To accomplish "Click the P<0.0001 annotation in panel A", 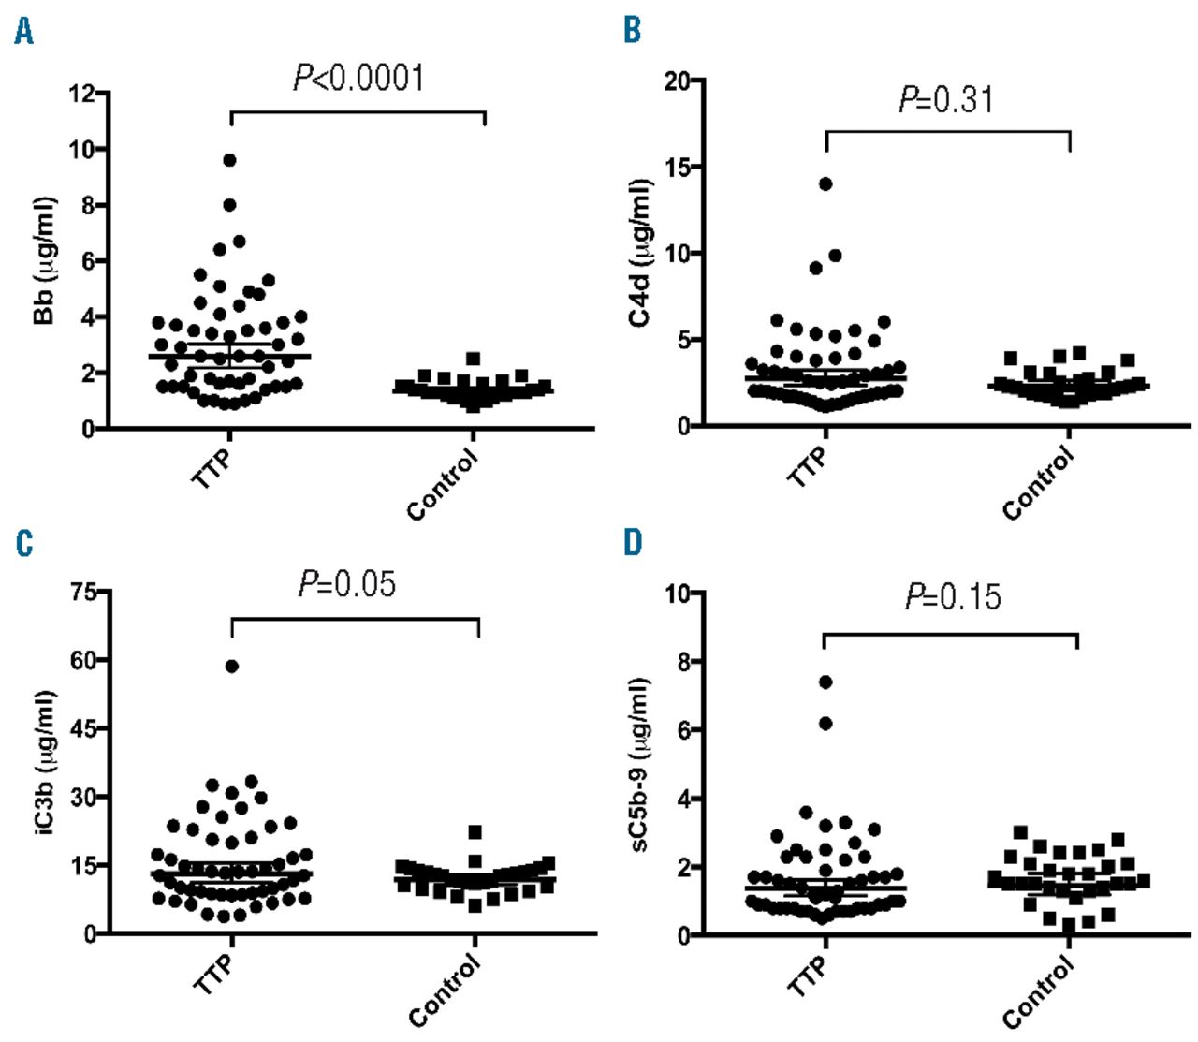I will (x=359, y=79).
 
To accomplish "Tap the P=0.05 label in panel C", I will (x=347, y=585).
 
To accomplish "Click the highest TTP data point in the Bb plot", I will (x=229, y=160).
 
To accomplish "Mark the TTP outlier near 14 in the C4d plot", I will (x=825, y=183).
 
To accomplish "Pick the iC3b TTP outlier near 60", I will (x=231, y=667).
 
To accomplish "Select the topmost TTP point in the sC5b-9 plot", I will (x=825, y=682).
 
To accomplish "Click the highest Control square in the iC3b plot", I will (x=475, y=832).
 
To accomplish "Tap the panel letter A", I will (x=23, y=33).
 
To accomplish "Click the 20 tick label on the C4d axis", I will (x=678, y=81).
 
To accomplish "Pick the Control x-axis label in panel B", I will (x=1038, y=483).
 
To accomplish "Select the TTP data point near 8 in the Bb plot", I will (x=229, y=205).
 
